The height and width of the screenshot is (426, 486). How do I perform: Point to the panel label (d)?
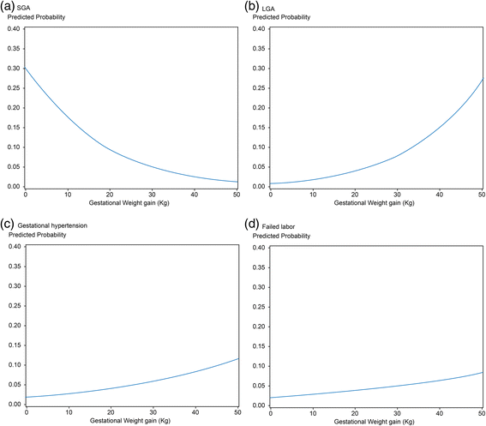pos(251,224)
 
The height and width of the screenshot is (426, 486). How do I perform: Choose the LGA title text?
pos(267,8)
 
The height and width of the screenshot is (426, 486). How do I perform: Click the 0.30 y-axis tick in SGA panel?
pos(13,68)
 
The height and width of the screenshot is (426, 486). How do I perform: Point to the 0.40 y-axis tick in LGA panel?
pos(255,28)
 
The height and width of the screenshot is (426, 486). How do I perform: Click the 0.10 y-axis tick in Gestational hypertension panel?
pos(13,365)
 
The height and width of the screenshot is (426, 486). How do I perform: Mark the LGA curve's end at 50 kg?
pos(481,79)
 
